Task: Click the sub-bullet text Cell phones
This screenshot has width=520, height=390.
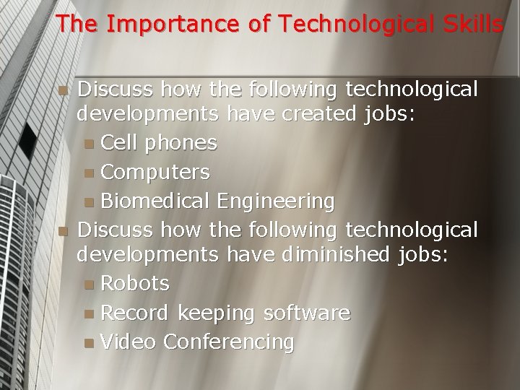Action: (159, 143)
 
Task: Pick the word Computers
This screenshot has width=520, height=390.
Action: (155, 172)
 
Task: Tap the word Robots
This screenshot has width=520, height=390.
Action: (135, 284)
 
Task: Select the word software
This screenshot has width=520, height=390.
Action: (307, 313)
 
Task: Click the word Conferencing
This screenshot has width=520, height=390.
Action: (229, 342)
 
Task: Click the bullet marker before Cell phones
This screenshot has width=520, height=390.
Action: (88, 144)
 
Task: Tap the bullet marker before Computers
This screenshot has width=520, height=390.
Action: (88, 173)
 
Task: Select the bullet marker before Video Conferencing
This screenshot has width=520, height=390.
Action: (88, 342)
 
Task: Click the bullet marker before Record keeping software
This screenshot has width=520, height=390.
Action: (88, 313)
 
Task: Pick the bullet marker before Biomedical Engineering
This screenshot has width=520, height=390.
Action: (88, 201)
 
